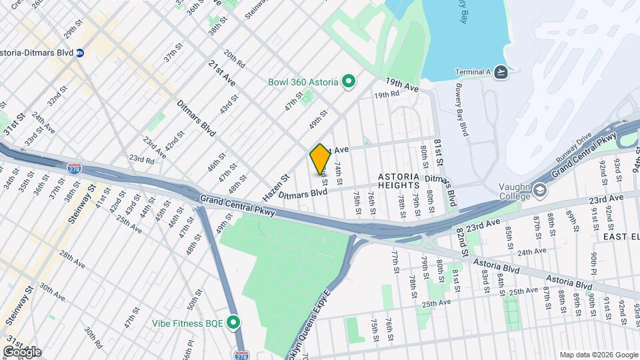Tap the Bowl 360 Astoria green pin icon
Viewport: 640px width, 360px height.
tap(347, 82)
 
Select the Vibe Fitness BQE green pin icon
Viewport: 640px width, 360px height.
tap(233, 323)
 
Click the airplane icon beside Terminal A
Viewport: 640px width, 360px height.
tap(501, 72)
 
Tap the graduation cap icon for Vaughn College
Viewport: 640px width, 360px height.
tap(539, 191)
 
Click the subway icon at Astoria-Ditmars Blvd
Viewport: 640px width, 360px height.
tap(79, 53)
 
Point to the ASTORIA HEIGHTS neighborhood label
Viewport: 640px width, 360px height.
tap(399, 177)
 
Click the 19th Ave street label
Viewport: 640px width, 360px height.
tap(402, 85)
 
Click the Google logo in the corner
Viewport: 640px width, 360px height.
tap(22, 351)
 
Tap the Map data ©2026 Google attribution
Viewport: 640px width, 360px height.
tap(598, 355)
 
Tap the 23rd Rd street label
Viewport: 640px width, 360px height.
tap(141, 159)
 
